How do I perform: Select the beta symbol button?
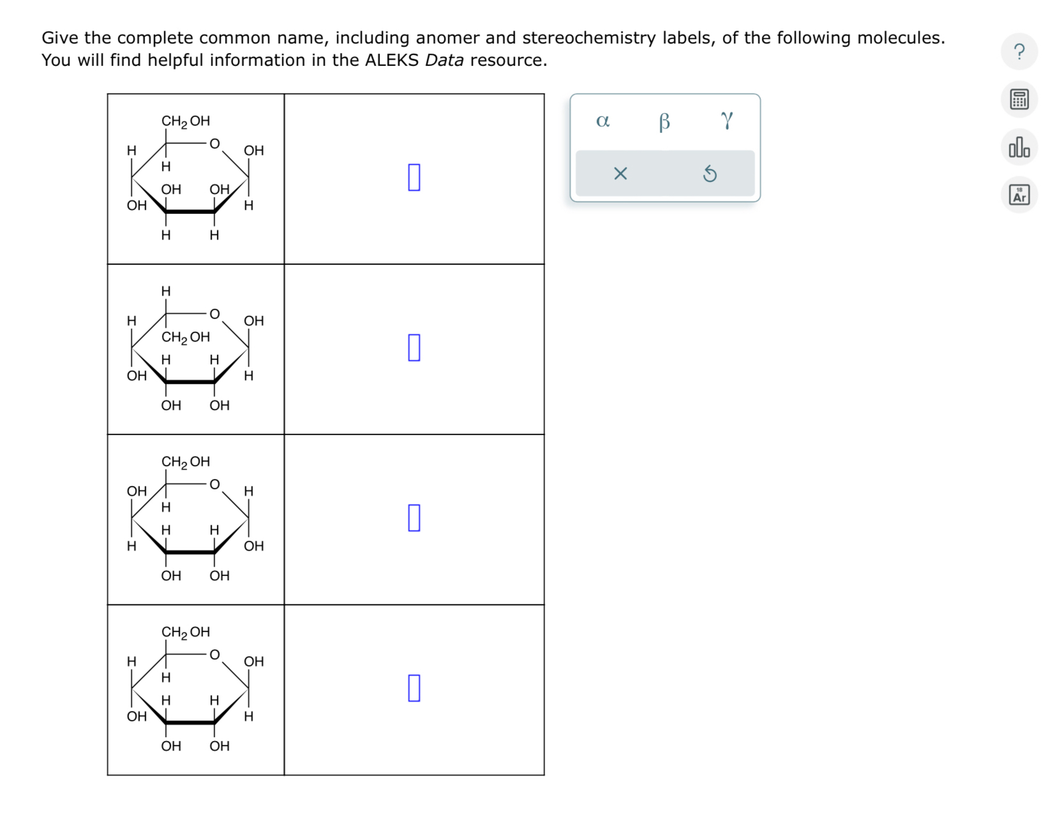664,121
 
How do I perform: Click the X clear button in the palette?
620,173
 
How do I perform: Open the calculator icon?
1019,99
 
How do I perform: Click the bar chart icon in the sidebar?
1019,147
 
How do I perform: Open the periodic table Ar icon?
1019,195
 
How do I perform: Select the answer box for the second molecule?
414,348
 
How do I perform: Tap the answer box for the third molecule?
414,518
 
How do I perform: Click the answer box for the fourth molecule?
414,688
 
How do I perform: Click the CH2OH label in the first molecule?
186,121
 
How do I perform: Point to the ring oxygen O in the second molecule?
214,314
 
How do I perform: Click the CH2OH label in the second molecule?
186,337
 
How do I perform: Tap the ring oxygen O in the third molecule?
214,485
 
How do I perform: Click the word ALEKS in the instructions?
392,60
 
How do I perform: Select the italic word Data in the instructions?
444,60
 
